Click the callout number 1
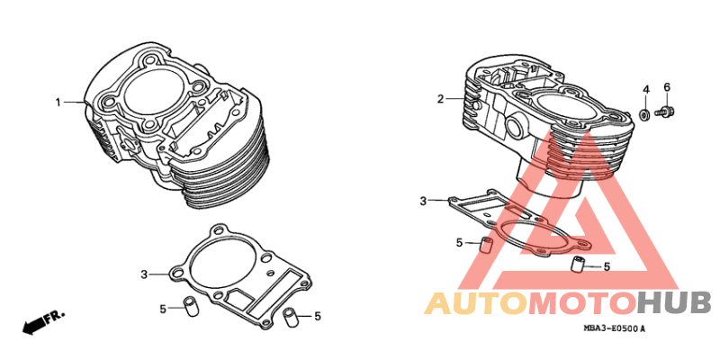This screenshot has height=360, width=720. pos(58,103)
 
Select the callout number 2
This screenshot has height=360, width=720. pos(440,99)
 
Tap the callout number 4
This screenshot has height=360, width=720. pos(645,89)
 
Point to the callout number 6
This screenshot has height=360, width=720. pos(667,87)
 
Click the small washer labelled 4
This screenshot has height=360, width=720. pos(644,114)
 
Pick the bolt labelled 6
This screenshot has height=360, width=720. pos(665,112)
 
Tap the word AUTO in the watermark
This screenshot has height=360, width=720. pos(474,303)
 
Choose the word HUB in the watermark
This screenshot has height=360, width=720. pos(673,303)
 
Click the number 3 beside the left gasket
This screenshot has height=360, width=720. pos(144,275)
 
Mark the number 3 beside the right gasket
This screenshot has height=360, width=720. pos(423,201)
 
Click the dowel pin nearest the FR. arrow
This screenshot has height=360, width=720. pos(190,307)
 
